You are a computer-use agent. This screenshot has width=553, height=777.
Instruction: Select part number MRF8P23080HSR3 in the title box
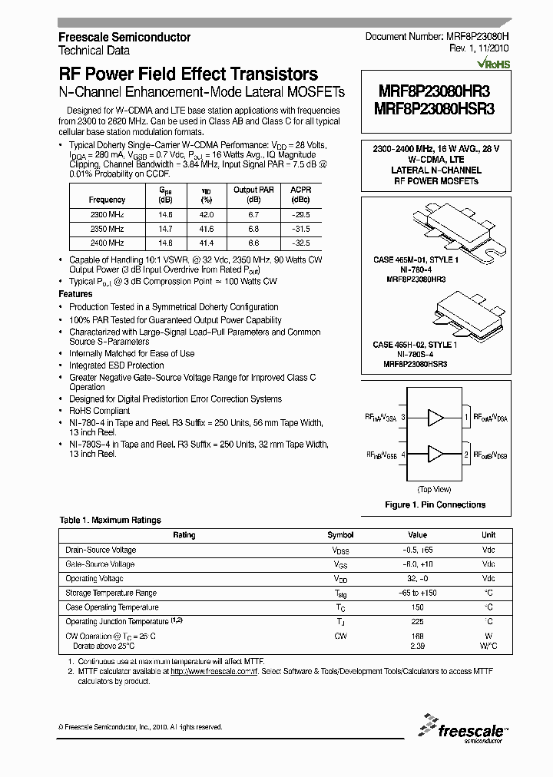tap(434, 109)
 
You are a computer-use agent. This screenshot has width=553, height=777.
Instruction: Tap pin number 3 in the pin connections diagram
tap(403, 418)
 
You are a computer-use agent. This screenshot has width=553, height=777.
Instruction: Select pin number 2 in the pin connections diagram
tap(466, 455)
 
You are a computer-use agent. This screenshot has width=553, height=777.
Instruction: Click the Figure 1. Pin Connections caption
tap(434, 504)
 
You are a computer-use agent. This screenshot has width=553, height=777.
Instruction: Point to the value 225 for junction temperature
tap(417, 621)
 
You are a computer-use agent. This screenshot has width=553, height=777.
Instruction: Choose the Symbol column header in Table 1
tap(340, 535)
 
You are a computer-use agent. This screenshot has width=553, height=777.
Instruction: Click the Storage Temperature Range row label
tap(111, 593)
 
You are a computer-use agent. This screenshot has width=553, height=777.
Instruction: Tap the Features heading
tap(75, 294)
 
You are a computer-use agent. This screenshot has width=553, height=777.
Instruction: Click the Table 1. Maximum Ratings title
tap(110, 520)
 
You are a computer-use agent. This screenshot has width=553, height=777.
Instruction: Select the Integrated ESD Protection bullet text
tap(116, 365)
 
